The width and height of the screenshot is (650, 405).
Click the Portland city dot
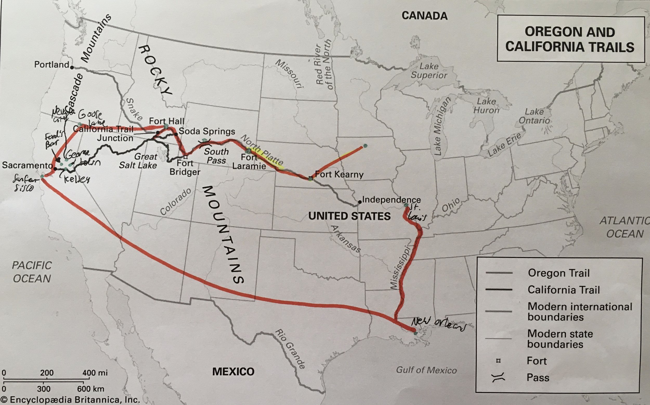72,67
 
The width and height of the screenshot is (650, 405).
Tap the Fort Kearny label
339,174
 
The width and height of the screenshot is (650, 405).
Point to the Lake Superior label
429,71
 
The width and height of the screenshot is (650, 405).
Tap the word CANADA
424,16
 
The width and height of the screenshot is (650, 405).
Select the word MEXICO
233,371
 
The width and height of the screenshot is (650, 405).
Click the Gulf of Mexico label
426,370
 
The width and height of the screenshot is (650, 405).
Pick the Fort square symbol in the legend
499,361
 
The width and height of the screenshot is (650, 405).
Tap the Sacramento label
27,165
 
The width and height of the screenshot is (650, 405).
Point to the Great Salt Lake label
138,161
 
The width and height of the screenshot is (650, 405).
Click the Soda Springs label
207,131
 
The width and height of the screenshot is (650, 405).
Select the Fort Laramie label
249,162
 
